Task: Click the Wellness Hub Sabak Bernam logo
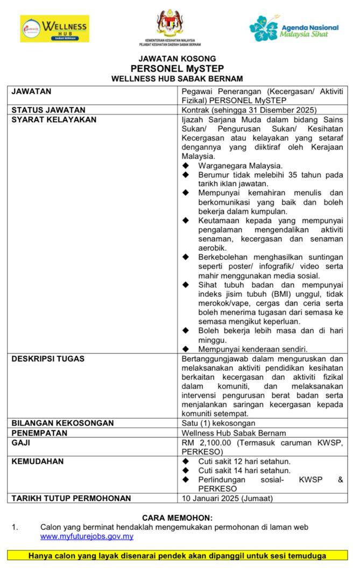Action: coord(54,29)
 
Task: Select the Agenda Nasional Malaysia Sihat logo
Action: coord(294,28)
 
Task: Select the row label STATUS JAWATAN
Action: coord(45,110)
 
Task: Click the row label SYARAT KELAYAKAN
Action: coord(54,119)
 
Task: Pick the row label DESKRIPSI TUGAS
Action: coord(48,358)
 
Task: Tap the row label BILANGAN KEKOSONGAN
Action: coord(62,423)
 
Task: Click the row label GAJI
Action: coord(21,443)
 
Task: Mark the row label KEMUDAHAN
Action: coord(38,461)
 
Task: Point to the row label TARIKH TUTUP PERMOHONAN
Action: coord(71,498)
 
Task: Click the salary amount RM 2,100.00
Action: coord(207,443)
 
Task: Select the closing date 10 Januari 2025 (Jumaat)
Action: coord(227,498)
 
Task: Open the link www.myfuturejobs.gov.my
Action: coord(87,536)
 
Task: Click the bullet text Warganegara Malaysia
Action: coord(240,166)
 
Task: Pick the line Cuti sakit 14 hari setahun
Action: coord(244,470)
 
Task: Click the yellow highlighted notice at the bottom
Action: coord(177,556)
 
